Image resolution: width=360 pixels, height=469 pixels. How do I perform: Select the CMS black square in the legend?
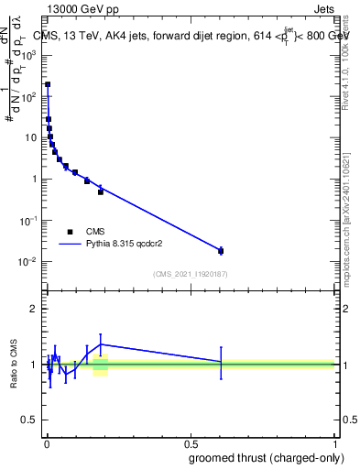pos(70,232)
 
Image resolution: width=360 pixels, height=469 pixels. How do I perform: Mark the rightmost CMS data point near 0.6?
pos(220,250)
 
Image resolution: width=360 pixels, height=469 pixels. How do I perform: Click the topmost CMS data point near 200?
pos(48,84)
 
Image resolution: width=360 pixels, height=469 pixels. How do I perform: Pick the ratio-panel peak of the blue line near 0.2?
pos(101,344)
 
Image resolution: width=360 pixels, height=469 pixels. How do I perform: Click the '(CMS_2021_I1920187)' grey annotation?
pos(190,274)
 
